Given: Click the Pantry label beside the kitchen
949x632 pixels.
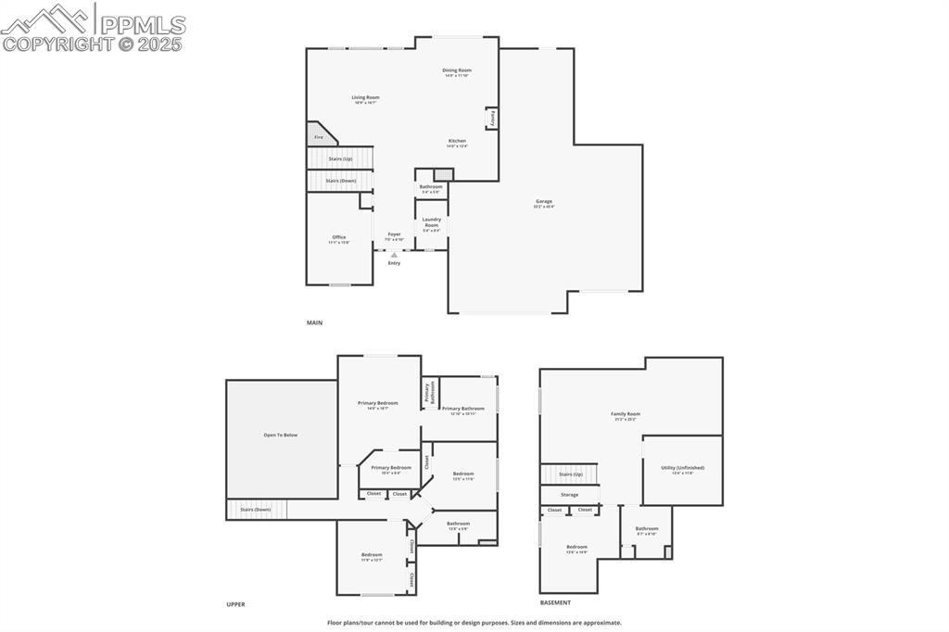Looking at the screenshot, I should (492, 119).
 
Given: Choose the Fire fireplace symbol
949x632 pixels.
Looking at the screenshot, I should (317, 136).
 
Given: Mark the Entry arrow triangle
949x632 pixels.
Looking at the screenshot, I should (394, 254).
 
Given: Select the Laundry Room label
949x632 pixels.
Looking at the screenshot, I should (431, 222).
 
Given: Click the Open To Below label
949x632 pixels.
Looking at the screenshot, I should (281, 435).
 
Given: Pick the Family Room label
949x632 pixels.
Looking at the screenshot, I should (625, 415).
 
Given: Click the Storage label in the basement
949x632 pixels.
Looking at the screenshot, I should (569, 495).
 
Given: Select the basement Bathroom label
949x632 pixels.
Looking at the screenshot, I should (646, 530).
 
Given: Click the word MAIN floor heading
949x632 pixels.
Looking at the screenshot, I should (315, 322).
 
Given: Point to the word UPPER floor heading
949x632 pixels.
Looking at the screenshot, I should (235, 604).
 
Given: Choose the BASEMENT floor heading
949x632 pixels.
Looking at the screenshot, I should (556, 602).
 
